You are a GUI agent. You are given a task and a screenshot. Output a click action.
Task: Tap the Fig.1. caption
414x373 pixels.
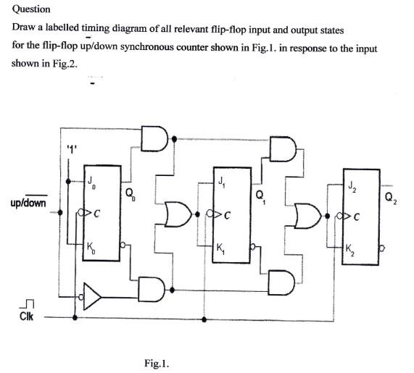[x=157, y=361]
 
